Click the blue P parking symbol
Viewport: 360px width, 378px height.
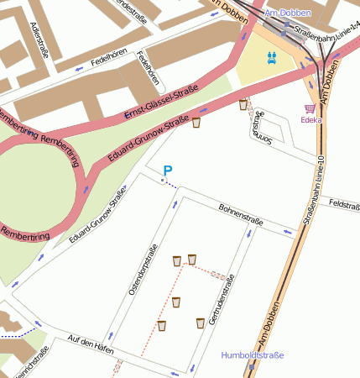(x=167, y=171)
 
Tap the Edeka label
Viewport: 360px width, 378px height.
(x=311, y=120)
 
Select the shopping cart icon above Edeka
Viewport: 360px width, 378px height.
(x=310, y=108)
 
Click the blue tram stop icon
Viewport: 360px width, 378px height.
(x=272, y=58)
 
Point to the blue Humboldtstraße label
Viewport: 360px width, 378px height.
(x=253, y=355)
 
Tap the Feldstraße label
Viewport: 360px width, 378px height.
(x=344, y=204)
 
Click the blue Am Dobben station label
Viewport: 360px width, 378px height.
(x=287, y=14)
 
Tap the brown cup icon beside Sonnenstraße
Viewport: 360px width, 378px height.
(x=243, y=105)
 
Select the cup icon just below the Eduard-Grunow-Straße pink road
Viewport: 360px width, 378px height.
(x=196, y=123)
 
